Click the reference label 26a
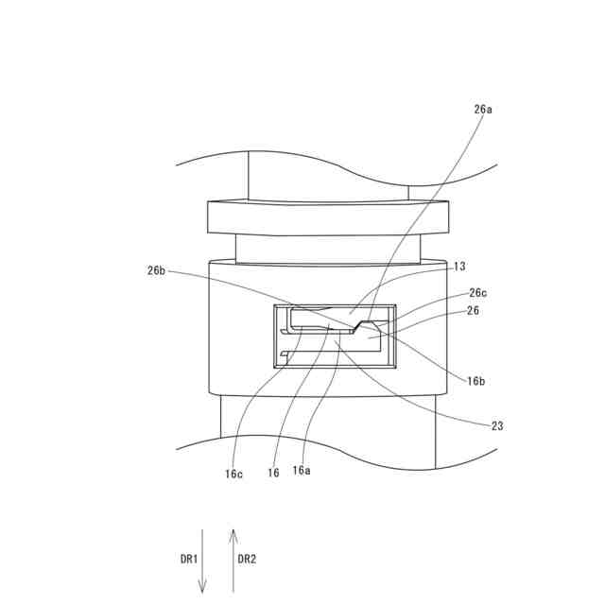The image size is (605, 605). pyautogui.click(x=483, y=110)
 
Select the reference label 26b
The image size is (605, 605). pyautogui.click(x=156, y=270)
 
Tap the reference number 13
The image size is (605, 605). pyautogui.click(x=459, y=267)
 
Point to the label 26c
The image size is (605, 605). pyautogui.click(x=477, y=293)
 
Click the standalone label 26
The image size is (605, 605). pyautogui.click(x=473, y=310)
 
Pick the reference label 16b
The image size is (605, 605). pyautogui.click(x=475, y=381)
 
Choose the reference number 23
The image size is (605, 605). pyautogui.click(x=497, y=425)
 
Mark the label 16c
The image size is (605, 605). pyautogui.click(x=233, y=474)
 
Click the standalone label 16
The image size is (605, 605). pyautogui.click(x=273, y=474)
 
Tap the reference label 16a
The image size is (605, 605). pyautogui.click(x=302, y=470)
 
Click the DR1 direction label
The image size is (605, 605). pyautogui.click(x=189, y=559)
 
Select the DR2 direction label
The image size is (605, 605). pyautogui.click(x=247, y=559)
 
